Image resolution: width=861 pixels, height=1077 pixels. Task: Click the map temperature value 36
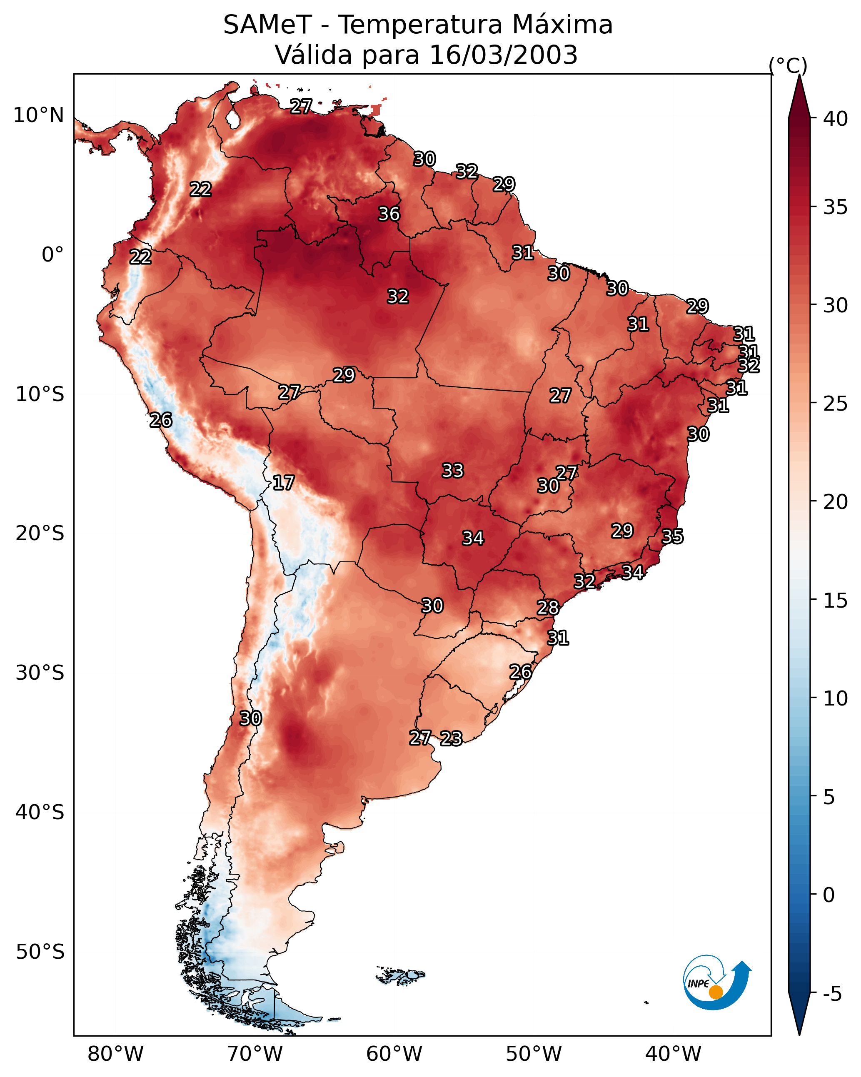[x=389, y=214]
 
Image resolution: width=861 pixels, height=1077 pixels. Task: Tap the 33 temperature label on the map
[x=453, y=471]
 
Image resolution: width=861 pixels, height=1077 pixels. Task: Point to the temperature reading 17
[x=283, y=483]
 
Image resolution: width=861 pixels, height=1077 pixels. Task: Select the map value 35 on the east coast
[x=672, y=536]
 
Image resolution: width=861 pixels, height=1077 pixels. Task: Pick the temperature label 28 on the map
[x=548, y=608]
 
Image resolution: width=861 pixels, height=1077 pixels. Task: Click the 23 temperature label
[x=451, y=738]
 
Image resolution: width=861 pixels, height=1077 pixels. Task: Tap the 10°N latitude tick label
[x=38, y=115]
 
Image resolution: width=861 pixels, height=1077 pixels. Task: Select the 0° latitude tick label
[x=52, y=255]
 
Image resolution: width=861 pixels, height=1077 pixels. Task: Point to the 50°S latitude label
[x=40, y=952]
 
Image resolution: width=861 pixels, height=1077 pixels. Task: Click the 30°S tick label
[x=40, y=673]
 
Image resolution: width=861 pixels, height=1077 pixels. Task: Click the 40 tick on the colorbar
[x=836, y=119]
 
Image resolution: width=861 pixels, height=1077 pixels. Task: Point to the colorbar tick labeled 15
[x=836, y=601]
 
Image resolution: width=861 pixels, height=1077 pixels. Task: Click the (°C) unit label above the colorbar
[x=788, y=65]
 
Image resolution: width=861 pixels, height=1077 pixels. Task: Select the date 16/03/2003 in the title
[x=504, y=55]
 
